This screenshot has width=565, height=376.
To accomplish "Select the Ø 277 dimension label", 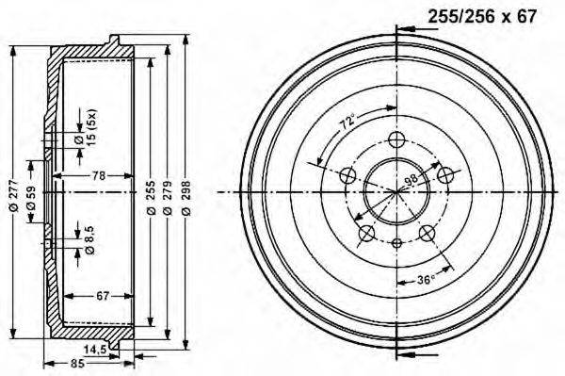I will pyautogui.click(x=13, y=192).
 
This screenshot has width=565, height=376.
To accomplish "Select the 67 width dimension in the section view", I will pyautogui.click(x=103, y=296).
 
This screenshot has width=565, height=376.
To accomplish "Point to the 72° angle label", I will pyautogui.click(x=347, y=123).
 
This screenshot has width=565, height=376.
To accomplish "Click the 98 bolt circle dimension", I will pyautogui.click(x=410, y=181).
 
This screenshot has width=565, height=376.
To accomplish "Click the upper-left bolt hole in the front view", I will pyautogui.click(x=347, y=175).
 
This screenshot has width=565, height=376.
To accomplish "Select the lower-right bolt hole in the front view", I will pyautogui.click(x=428, y=233).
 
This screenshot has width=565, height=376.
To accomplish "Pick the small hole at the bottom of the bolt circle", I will pyautogui.click(x=396, y=243).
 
